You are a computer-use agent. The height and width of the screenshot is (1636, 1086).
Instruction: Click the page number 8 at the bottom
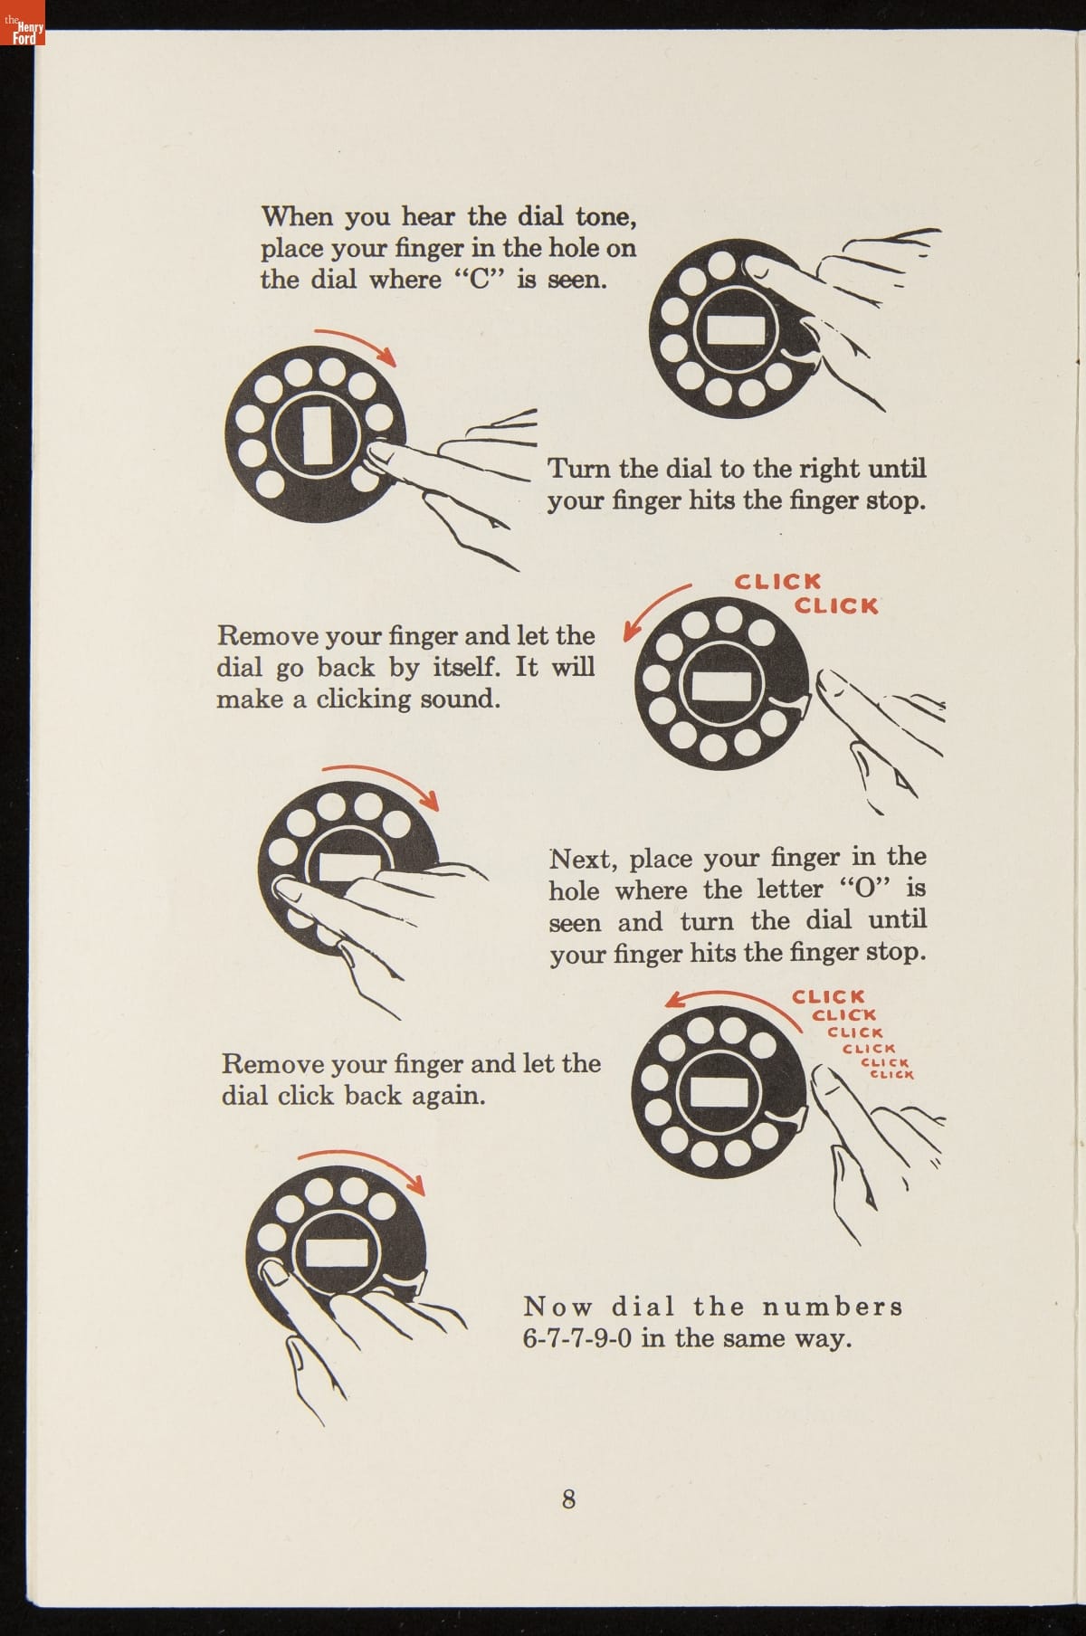pyautogui.click(x=568, y=1498)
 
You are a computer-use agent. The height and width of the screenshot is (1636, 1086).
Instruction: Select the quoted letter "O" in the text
pyautogui.click(x=862, y=889)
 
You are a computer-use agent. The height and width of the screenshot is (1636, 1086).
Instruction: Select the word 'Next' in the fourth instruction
pyautogui.click(x=582, y=858)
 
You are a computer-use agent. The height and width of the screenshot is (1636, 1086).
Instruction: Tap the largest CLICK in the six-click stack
pyautogui.click(x=828, y=997)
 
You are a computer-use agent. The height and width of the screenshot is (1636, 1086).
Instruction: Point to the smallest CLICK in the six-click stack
pyautogui.click(x=891, y=1075)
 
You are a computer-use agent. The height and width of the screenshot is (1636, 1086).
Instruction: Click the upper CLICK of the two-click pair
pyautogui.click(x=777, y=581)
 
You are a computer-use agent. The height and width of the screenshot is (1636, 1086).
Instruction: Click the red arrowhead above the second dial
pyautogui.click(x=389, y=358)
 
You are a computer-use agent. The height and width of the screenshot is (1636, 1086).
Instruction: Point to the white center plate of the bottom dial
pyautogui.click(x=337, y=1253)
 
